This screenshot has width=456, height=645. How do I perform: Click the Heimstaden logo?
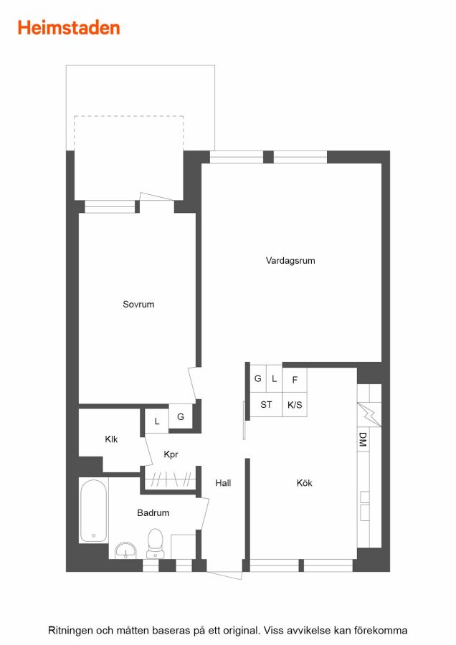pyautogui.click(x=69, y=28)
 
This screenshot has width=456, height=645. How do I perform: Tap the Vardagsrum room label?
pyautogui.click(x=290, y=260)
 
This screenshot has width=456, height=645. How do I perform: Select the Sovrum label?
pyautogui.click(x=138, y=304)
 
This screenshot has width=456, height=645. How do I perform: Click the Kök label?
pyautogui.click(x=304, y=482)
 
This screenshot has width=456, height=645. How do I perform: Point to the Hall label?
pyautogui.click(x=223, y=482)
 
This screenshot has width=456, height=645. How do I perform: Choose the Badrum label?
pyautogui.click(x=153, y=512)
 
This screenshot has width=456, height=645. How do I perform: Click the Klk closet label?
pyautogui.click(x=111, y=439)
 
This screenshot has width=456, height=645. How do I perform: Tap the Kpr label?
pyautogui.click(x=171, y=454)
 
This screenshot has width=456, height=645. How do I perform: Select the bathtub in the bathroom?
pyautogui.click(x=93, y=510)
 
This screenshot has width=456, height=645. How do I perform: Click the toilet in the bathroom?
pyautogui.click(x=155, y=543)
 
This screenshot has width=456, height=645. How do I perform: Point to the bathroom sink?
pyautogui.click(x=125, y=551)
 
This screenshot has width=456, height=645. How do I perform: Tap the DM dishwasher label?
pyautogui.click(x=363, y=439)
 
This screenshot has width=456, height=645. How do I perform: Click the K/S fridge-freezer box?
pyautogui.click(x=295, y=404)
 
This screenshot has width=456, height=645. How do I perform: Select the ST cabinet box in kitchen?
pyautogui.click(x=266, y=404)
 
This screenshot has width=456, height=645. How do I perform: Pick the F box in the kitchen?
pyautogui.click(x=295, y=380)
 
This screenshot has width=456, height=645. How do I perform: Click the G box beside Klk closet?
pyautogui.click(x=180, y=416)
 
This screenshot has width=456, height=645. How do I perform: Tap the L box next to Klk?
pyautogui.click(x=157, y=421)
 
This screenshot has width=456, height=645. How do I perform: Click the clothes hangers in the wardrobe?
pyautogui.click(x=171, y=479)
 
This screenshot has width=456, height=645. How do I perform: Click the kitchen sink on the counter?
pyautogui.click(x=365, y=506)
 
